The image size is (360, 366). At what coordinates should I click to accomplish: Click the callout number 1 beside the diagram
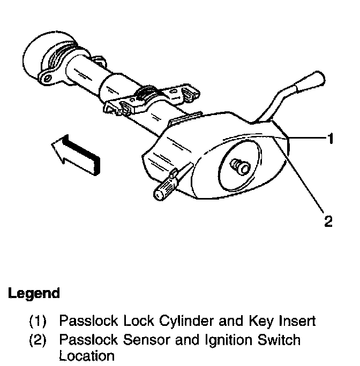point(331,139)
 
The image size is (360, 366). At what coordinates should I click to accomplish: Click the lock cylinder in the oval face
point(238,167)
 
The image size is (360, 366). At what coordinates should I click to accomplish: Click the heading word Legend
point(33,293)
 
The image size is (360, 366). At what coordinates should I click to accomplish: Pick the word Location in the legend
point(87,355)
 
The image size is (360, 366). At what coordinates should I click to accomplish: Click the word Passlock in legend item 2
point(86,340)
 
